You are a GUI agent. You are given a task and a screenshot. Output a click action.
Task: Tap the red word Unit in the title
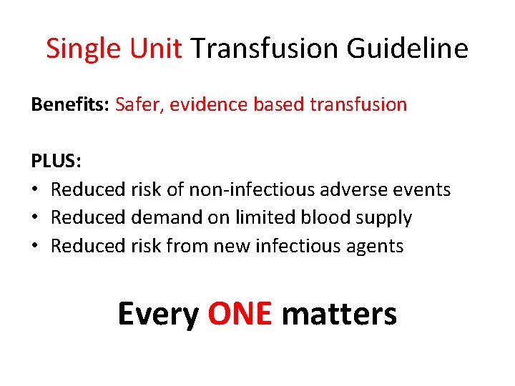[156, 49]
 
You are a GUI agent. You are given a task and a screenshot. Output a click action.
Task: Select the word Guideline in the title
[408, 49]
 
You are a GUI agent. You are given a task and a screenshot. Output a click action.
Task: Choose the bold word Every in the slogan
[158, 314]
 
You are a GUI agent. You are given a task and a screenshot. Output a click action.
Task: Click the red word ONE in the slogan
[240, 314]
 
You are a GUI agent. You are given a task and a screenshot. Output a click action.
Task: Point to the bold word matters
[339, 314]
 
